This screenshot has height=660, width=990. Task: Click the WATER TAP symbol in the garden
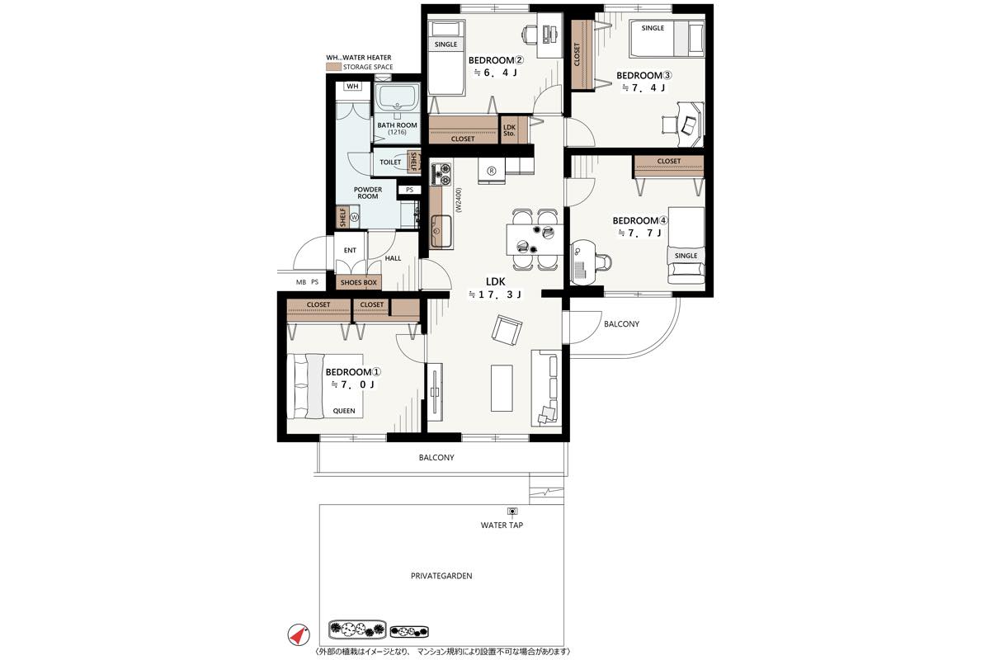(512, 511)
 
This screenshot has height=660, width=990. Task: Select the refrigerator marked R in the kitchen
(491, 171)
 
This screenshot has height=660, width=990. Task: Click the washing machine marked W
(355, 218)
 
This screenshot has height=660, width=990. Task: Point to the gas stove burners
(441, 174)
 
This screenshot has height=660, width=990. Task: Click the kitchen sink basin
(441, 231)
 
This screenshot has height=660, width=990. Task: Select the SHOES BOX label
(358, 282)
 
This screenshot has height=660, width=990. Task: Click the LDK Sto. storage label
(509, 130)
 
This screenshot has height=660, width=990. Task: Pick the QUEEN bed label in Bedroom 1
(344, 411)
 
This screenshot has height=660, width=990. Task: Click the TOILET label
(390, 163)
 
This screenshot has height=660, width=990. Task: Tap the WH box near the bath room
(352, 86)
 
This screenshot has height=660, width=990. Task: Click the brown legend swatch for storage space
(333, 67)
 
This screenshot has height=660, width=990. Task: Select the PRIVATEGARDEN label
(441, 576)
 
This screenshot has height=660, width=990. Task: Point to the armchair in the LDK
(507, 329)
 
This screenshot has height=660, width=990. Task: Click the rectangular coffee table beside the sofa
(502, 388)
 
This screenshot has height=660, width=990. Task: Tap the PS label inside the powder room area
(409, 190)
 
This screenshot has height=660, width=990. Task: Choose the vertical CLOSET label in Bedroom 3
(577, 54)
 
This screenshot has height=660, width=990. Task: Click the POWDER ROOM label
(368, 193)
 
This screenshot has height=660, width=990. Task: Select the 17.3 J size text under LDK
(495, 295)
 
